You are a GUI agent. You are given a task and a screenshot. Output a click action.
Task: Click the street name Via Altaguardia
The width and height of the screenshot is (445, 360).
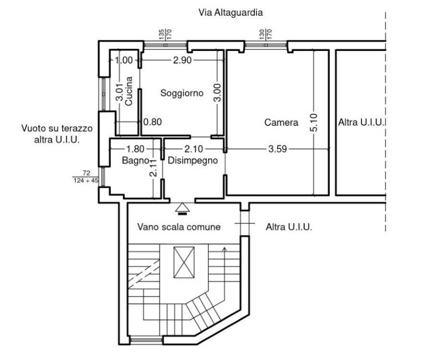click(230, 12)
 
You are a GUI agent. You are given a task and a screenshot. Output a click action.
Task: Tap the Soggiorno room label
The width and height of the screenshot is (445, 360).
click(182, 93)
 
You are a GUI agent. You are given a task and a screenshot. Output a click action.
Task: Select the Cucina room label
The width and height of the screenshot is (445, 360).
click(129, 91)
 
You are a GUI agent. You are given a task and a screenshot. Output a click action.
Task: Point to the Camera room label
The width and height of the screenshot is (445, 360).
click(281, 122)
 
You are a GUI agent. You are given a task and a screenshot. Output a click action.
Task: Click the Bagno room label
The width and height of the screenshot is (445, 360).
click(135, 161)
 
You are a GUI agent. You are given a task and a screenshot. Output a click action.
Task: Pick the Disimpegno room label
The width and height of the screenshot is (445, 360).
click(193, 161)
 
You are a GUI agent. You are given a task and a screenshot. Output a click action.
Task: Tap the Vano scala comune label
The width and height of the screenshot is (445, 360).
click(179, 227)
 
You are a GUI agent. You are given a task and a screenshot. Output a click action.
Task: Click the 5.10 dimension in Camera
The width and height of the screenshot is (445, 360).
click(314, 122)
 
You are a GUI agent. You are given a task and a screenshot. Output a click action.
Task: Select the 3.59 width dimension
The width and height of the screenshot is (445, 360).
click(277, 149)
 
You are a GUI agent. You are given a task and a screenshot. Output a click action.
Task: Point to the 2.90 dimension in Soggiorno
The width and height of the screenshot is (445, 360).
click(182, 60)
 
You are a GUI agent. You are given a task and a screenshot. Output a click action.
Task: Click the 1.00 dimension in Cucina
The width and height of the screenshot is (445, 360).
click(124, 60)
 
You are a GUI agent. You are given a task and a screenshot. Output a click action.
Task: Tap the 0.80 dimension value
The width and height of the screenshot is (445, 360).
click(153, 122)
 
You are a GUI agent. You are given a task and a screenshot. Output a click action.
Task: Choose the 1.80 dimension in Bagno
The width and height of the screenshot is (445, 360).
click(135, 149)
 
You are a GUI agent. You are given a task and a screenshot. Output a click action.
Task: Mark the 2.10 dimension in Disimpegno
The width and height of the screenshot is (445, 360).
click(194, 149)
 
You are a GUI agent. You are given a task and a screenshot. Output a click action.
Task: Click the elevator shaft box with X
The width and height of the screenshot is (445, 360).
click(184, 263)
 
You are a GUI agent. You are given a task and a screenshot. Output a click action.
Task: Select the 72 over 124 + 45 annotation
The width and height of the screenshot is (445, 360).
click(86, 177)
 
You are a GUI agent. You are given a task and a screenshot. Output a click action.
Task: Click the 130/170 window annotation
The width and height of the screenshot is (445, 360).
click(265, 35)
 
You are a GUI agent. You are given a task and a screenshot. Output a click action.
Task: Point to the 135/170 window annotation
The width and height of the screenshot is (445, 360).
click(165, 35)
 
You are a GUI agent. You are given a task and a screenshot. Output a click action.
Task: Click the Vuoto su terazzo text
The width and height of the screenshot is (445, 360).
click(57, 128)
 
